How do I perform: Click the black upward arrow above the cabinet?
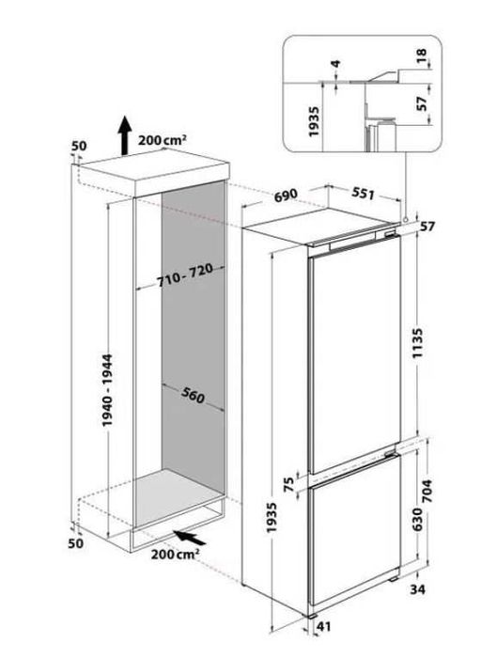[122, 138]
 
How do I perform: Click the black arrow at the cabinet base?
[190, 538]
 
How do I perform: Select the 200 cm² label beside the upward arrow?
[163, 140]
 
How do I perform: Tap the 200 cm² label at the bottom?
[174, 555]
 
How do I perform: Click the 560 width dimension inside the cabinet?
[194, 397]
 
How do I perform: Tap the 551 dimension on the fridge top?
[362, 195]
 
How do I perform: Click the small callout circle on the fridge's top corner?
[404, 219]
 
